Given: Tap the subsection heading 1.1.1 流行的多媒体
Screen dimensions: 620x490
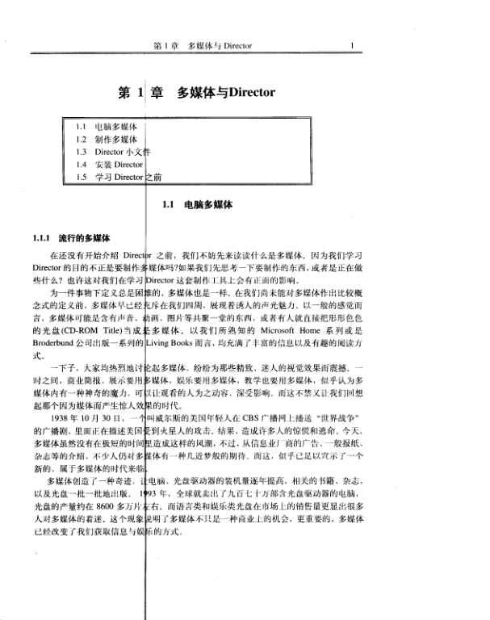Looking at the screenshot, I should point(76,239).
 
